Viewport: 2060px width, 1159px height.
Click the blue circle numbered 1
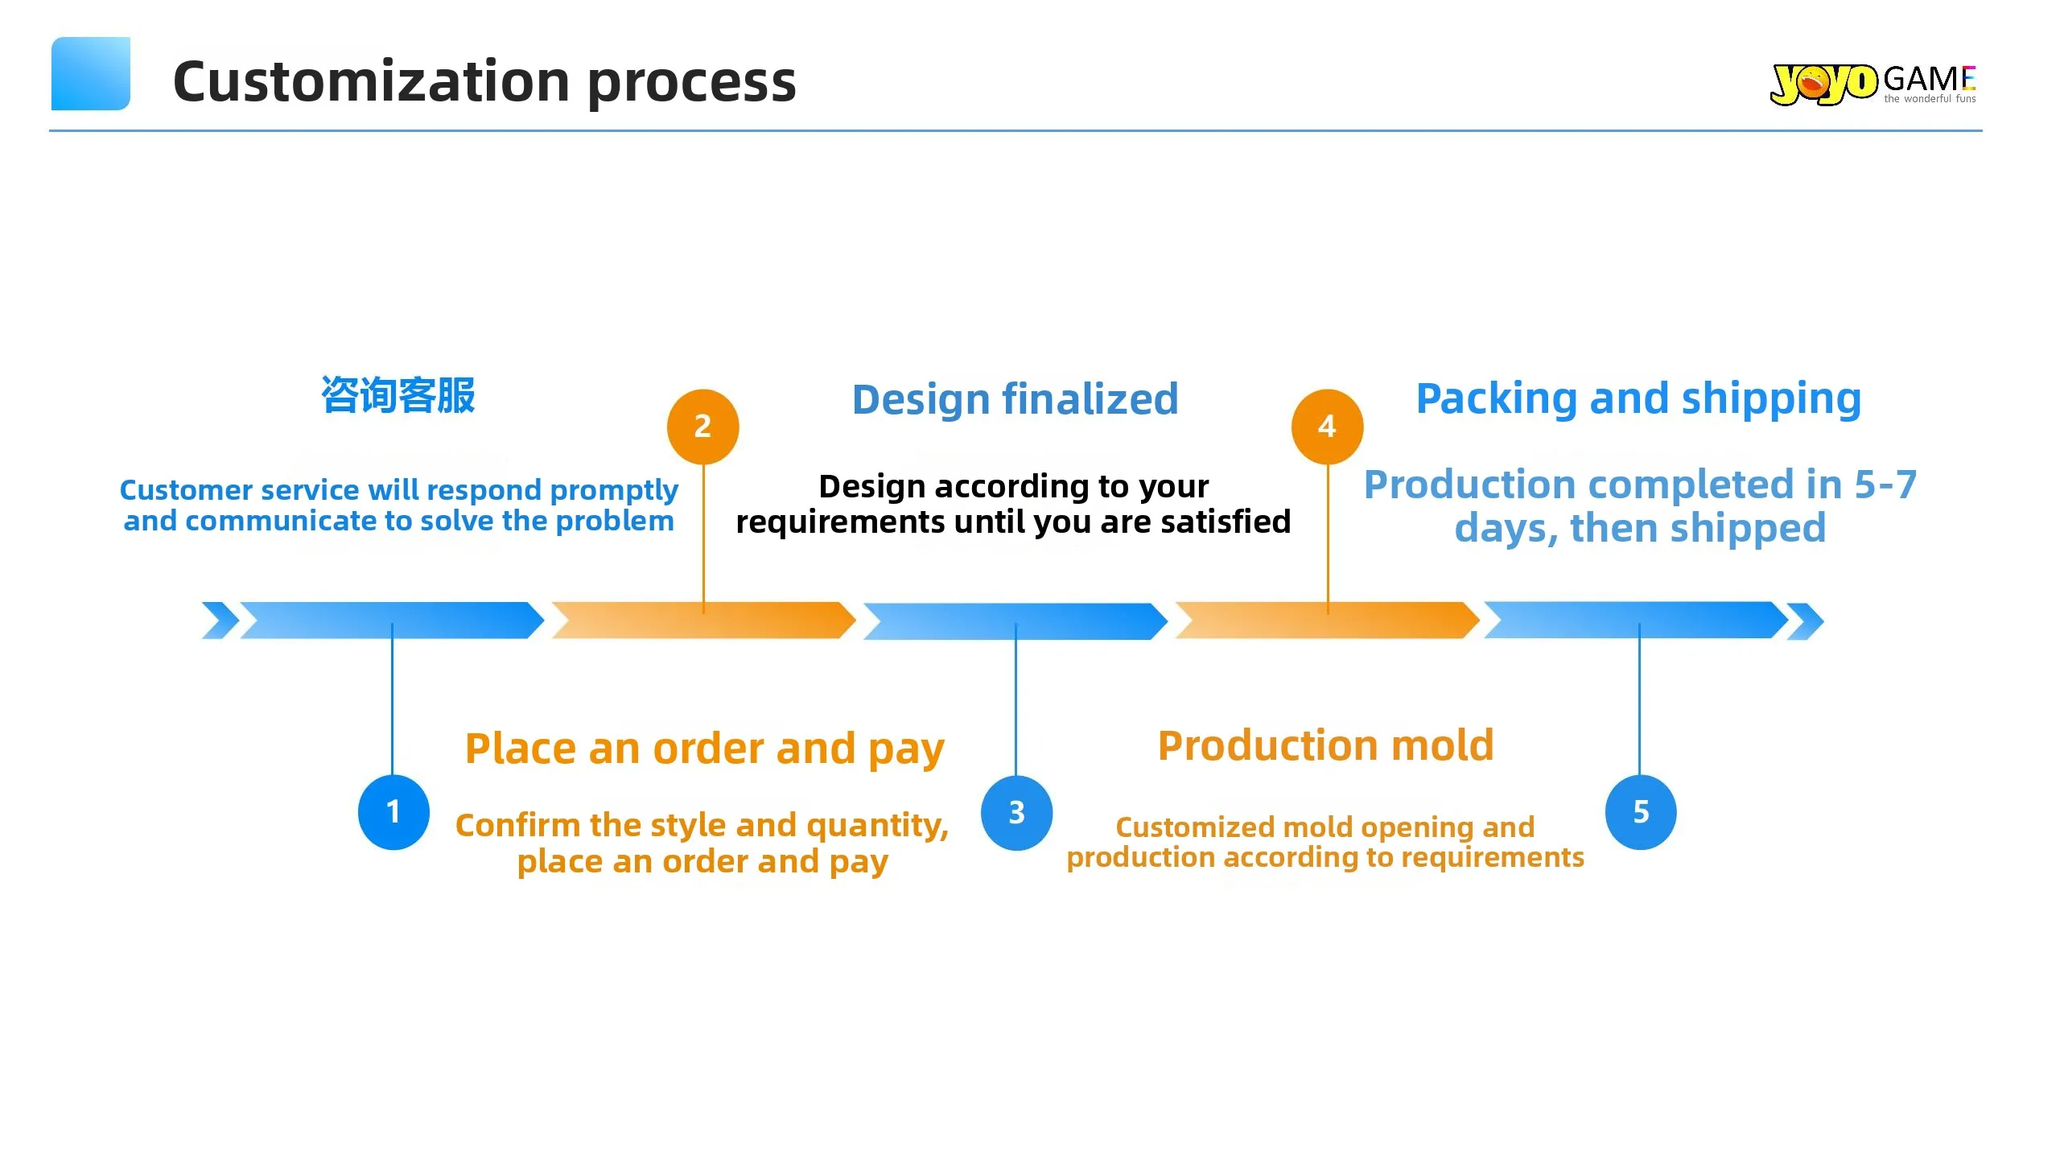(x=393, y=812)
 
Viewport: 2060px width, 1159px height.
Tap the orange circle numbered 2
(x=702, y=427)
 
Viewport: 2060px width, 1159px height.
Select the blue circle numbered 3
(x=1016, y=813)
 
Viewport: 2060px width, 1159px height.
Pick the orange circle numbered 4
(x=1327, y=427)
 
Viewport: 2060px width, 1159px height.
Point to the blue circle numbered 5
(x=1641, y=812)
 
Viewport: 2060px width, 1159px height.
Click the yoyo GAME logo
(x=1873, y=84)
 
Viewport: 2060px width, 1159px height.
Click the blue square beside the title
(x=91, y=73)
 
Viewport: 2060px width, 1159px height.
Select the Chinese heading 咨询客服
(x=398, y=395)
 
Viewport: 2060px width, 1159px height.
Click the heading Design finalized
(x=1015, y=399)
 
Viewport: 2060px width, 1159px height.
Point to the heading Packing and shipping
(x=1638, y=398)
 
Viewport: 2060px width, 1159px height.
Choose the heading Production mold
(x=1325, y=745)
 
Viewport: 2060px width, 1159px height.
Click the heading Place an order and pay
(x=704, y=749)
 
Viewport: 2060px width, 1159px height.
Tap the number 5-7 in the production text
(x=1885, y=485)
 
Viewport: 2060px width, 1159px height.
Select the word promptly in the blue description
(x=614, y=490)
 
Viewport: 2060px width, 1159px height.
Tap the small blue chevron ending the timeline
(x=1806, y=621)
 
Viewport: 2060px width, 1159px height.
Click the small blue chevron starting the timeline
(x=220, y=621)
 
